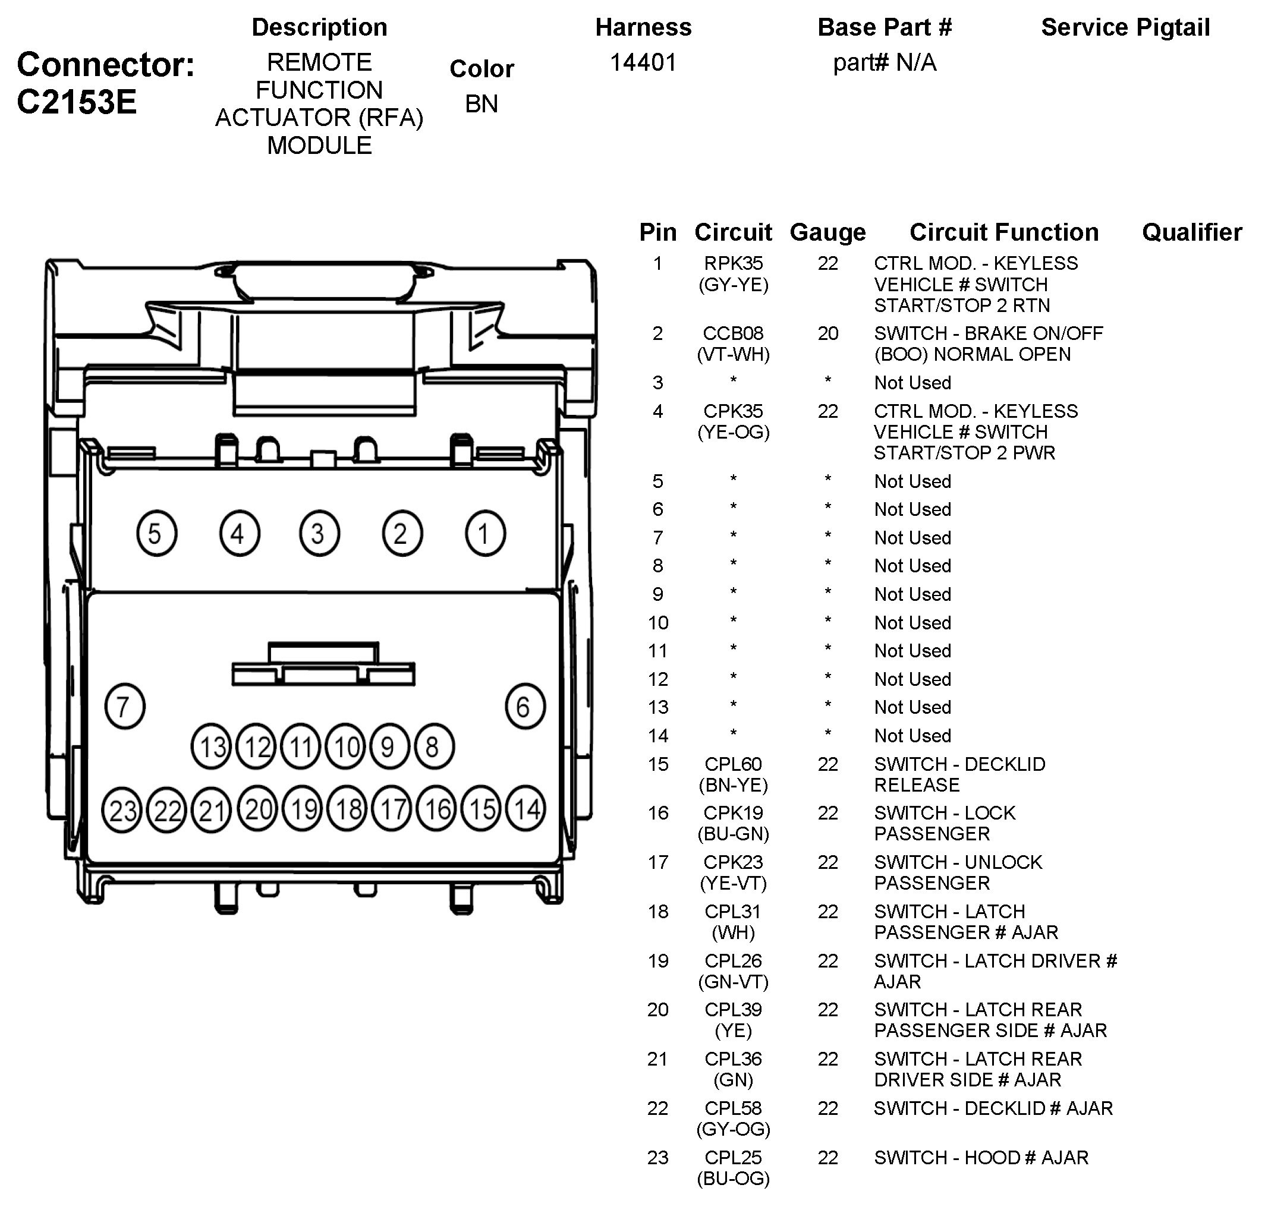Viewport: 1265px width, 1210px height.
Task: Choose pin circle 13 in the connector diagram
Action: pyautogui.click(x=212, y=746)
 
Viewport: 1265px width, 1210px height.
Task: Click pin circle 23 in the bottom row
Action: pyautogui.click(x=122, y=809)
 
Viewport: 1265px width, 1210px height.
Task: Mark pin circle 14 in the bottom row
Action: pyautogui.click(x=525, y=808)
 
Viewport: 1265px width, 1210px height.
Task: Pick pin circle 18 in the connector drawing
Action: pyautogui.click(x=348, y=809)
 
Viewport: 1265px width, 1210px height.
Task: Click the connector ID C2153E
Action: pyautogui.click(x=77, y=102)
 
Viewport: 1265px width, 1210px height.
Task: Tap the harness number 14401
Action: pyautogui.click(x=643, y=62)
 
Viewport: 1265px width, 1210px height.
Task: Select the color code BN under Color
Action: pyautogui.click(x=482, y=104)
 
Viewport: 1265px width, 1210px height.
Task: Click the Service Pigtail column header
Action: pyautogui.click(x=1125, y=27)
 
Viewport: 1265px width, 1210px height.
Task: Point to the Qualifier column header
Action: pyautogui.click(x=1191, y=232)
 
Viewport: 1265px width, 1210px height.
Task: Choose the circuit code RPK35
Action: pyautogui.click(x=733, y=263)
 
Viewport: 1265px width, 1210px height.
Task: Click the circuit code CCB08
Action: pyautogui.click(x=733, y=333)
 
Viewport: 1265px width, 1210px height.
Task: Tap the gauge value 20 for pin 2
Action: pyautogui.click(x=827, y=333)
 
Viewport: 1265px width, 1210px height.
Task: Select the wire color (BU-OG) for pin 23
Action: pyautogui.click(x=733, y=1179)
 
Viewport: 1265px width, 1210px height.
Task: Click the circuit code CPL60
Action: pyautogui.click(x=733, y=764)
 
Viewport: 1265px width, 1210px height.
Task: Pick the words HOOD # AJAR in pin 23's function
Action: pyautogui.click(x=1025, y=1158)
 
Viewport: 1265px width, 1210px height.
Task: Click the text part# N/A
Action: pyautogui.click(x=885, y=62)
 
